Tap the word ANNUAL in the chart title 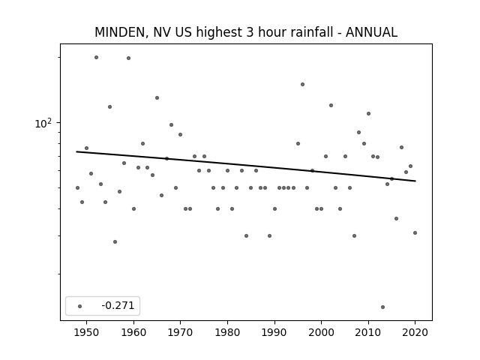tap(371, 32)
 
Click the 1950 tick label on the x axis tap(87, 332)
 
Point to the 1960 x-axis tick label tap(133, 332)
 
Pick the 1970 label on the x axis tap(180, 332)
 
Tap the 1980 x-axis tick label tap(227, 332)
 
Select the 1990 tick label tap(274, 332)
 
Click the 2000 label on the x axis tap(321, 332)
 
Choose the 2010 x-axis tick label tap(368, 332)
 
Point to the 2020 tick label tap(415, 332)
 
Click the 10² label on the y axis tap(43, 123)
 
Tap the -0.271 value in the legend tap(118, 305)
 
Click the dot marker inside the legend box tap(80, 306)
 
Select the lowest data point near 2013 tap(382, 307)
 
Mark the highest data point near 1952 tap(96, 57)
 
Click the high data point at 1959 tap(128, 58)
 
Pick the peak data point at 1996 tap(302, 85)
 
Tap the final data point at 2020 tap(415, 232)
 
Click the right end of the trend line tap(415, 181)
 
